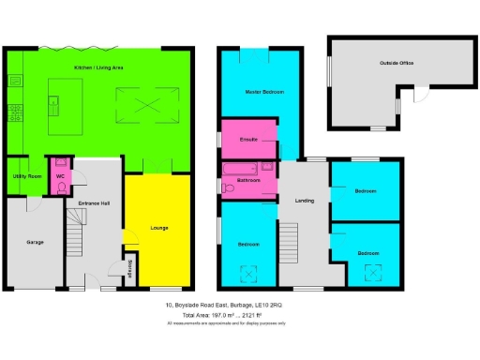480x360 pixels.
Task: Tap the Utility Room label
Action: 26,175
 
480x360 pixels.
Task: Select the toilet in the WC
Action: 59,187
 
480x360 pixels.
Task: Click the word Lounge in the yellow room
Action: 159,227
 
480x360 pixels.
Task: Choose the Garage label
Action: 34,241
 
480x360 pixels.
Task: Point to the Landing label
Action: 304,201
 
